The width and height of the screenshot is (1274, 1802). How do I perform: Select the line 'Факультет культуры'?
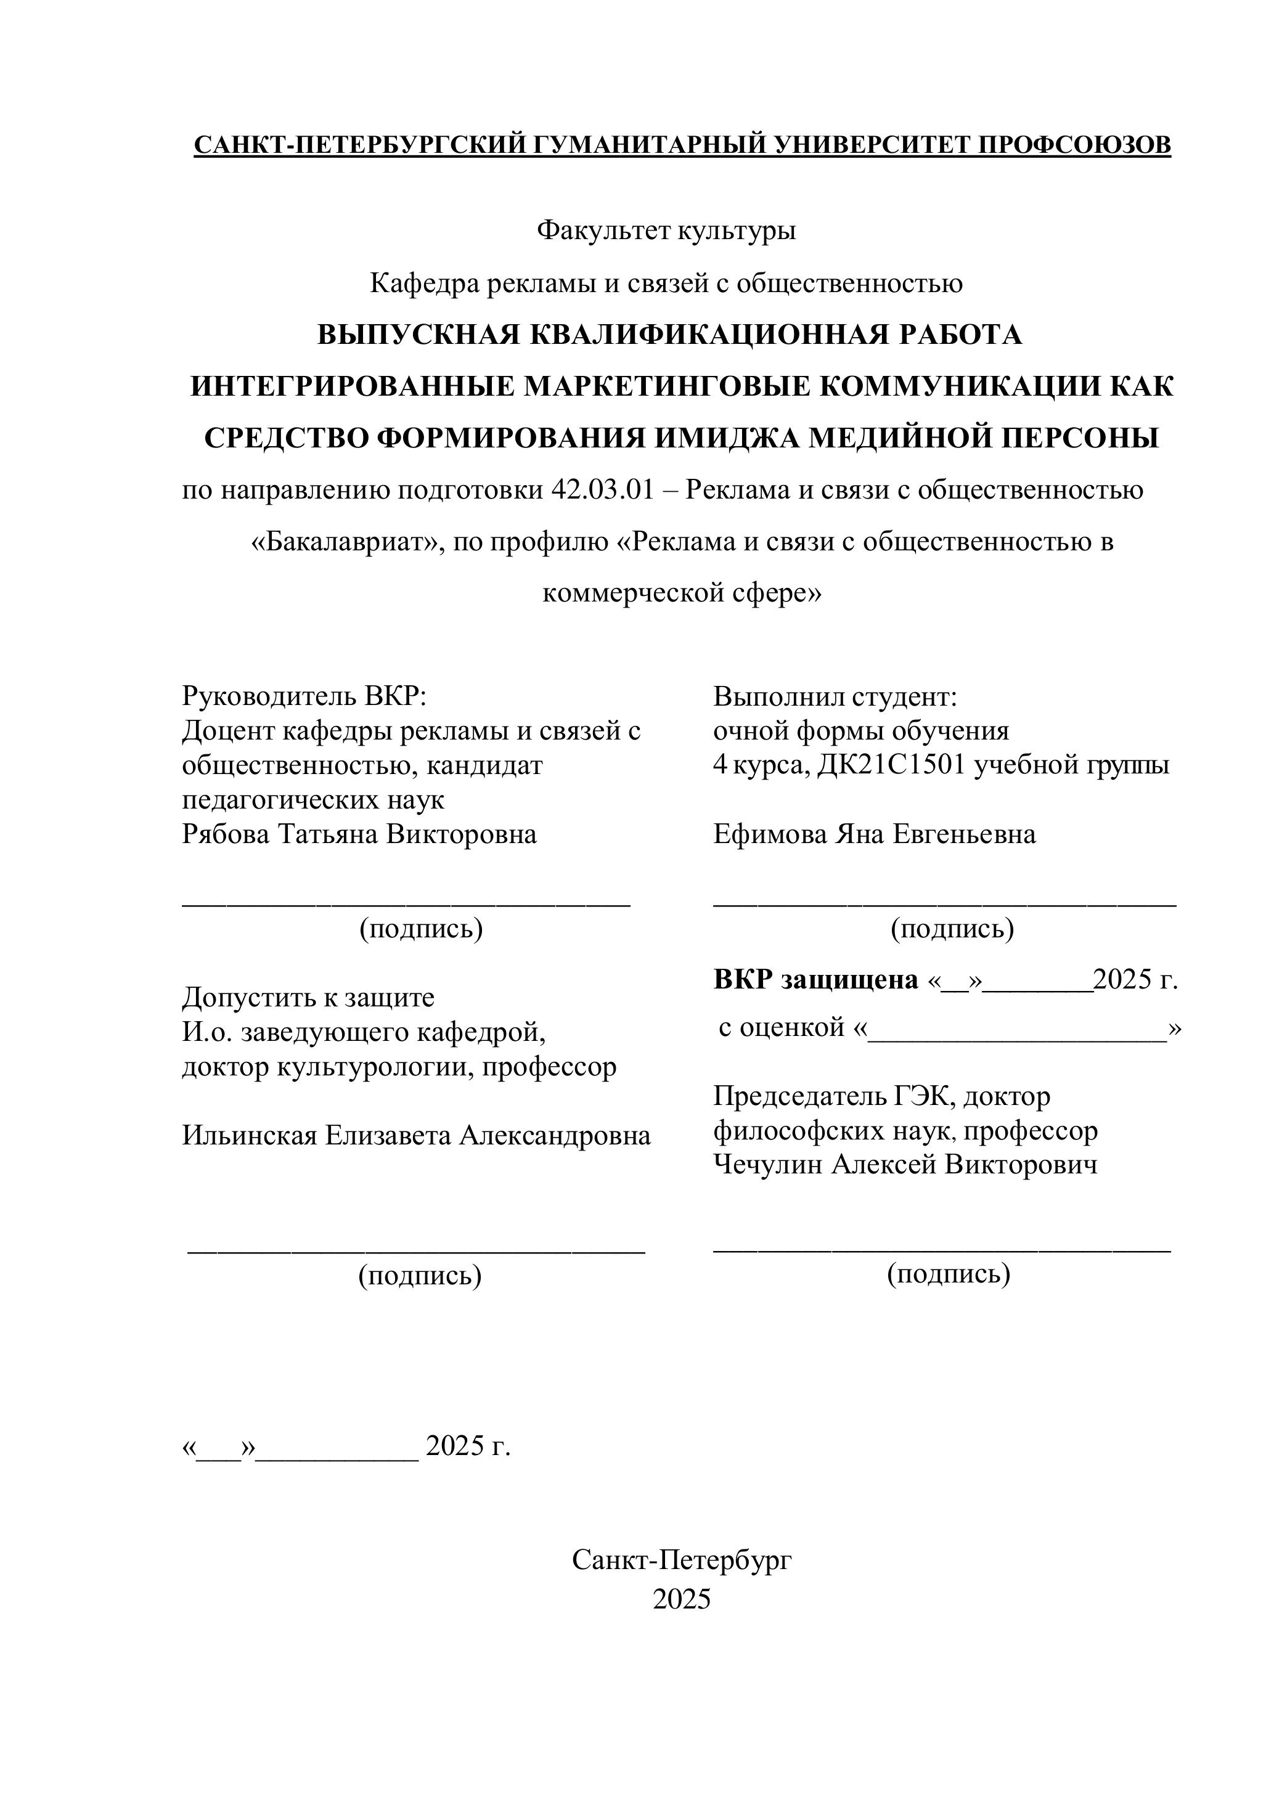[x=666, y=230]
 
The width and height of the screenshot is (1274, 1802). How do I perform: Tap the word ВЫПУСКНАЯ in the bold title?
[x=419, y=335]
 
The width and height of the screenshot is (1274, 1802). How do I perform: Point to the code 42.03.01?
[x=602, y=491]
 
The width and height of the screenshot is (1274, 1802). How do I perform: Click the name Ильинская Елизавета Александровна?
[x=416, y=1136]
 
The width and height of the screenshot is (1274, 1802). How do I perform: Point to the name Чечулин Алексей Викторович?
[x=905, y=1165]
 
